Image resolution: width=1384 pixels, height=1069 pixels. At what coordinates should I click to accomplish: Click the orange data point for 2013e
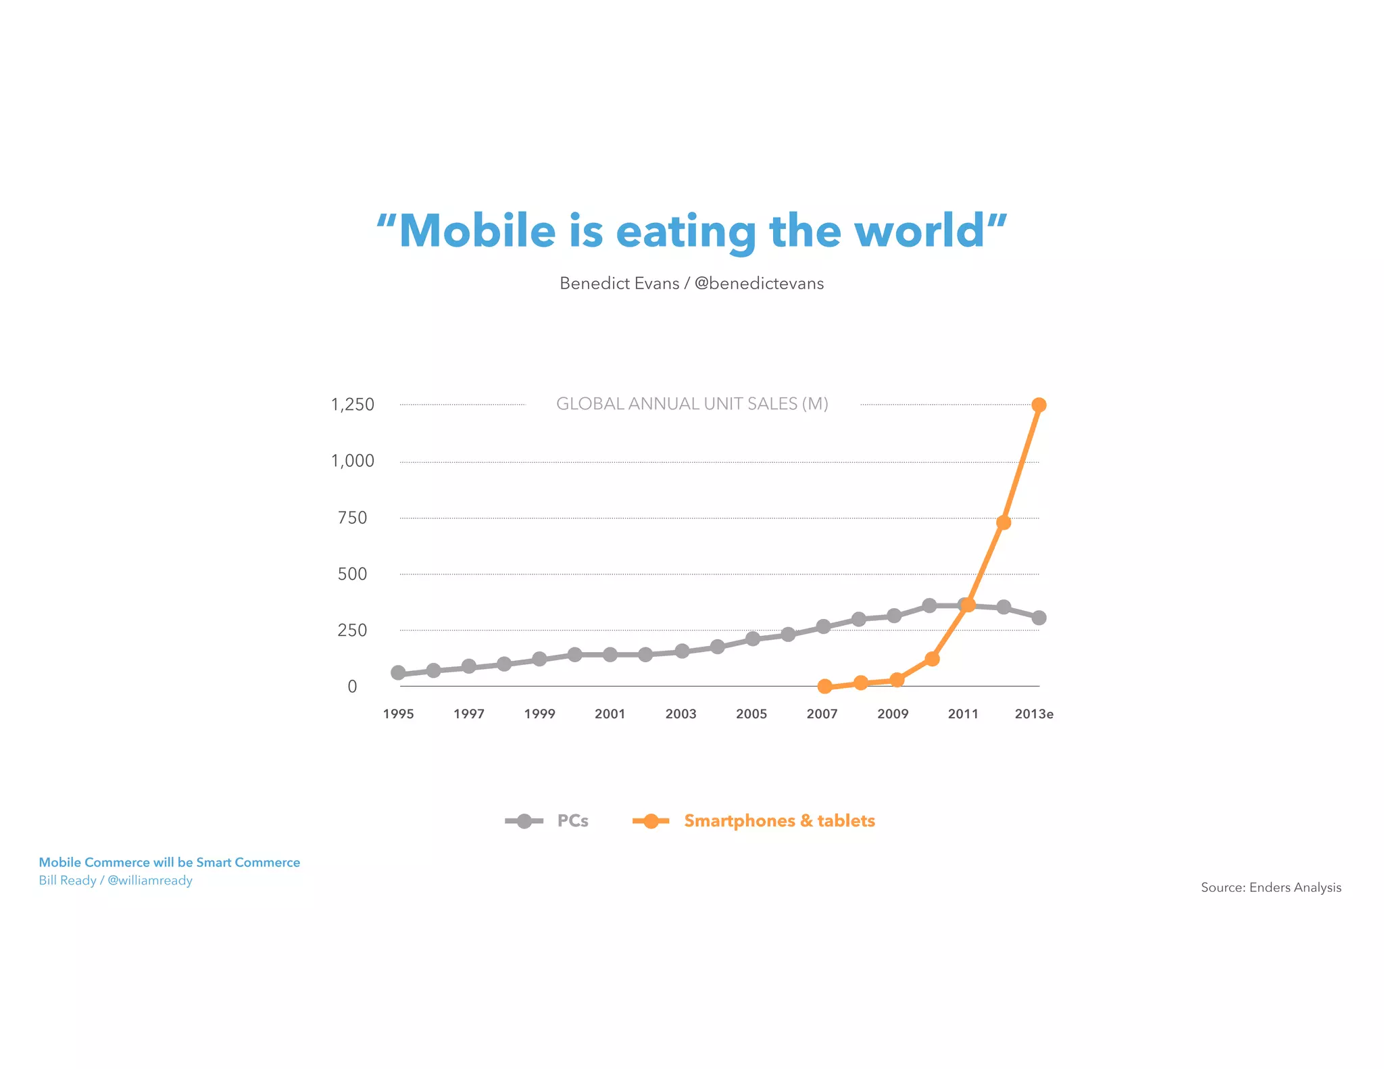pos(1039,405)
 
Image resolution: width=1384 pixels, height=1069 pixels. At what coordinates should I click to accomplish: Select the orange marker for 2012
pos(1004,522)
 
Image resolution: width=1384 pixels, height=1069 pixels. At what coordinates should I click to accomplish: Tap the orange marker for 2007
pos(824,687)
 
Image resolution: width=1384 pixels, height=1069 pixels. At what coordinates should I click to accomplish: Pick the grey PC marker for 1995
pos(398,673)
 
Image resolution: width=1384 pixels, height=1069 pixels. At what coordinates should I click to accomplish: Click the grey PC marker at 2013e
pos(1039,618)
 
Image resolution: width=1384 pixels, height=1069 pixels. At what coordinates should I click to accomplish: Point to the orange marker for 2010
pos(932,659)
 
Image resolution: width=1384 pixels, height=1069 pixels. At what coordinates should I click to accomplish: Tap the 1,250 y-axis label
pos(352,405)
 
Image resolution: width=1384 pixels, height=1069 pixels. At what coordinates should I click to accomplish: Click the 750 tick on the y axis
pos(352,518)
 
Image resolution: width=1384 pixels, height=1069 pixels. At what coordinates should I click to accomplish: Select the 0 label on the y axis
pos(352,687)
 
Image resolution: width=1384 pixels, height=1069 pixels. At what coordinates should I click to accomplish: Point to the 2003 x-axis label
pos(681,714)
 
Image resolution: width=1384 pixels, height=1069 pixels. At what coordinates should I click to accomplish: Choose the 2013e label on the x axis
pos(1034,714)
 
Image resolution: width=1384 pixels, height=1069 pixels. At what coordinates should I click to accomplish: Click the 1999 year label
pos(539,714)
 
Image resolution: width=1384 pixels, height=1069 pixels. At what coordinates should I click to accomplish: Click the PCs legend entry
pos(572,821)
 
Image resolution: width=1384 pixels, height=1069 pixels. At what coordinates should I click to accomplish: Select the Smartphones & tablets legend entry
pos(778,821)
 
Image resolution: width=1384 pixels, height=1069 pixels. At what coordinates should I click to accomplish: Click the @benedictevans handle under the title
pos(759,284)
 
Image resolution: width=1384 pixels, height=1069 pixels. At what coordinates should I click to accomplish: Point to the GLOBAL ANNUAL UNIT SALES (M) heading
pos(692,404)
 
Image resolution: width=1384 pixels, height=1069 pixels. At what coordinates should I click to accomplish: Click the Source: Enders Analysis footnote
pos(1270,888)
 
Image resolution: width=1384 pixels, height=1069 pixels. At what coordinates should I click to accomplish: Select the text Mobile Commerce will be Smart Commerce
pos(169,863)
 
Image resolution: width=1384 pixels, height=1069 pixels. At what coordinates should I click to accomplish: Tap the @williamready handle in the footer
pos(150,880)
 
